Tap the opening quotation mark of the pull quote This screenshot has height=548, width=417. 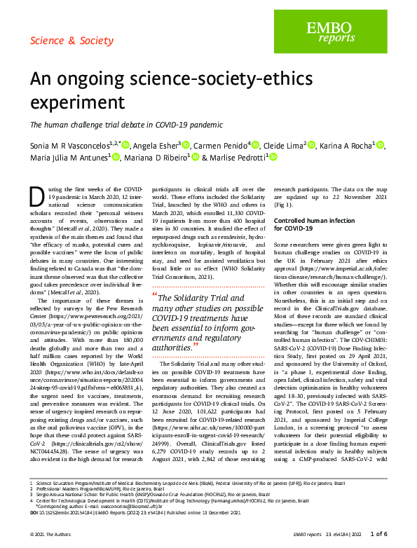[154, 315]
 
